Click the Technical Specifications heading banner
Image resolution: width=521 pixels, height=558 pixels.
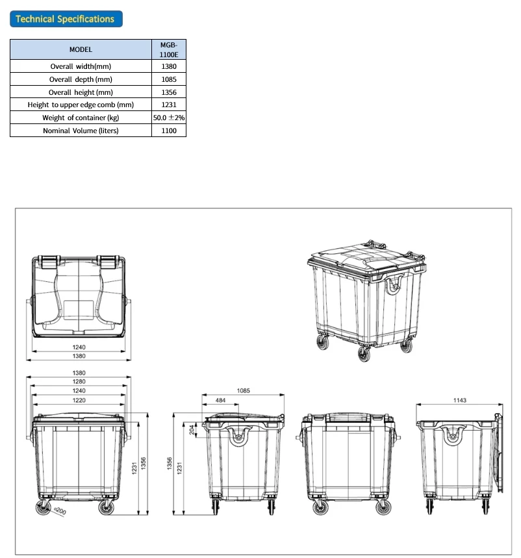click(66, 19)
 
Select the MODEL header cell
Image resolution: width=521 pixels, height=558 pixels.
click(81, 49)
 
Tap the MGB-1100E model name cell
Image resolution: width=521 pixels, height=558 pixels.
click(169, 49)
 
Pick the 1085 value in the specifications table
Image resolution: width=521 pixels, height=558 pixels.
click(169, 79)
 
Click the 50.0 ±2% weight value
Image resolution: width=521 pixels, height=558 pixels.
click(169, 118)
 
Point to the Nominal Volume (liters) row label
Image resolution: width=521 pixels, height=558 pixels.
click(81, 131)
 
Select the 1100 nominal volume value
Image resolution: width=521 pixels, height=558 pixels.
click(169, 131)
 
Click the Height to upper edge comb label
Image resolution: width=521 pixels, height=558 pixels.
click(81, 105)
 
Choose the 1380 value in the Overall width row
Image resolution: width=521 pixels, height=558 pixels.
click(169, 66)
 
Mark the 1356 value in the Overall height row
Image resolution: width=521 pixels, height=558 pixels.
click(169, 92)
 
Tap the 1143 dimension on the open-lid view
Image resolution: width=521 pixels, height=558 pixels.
click(457, 401)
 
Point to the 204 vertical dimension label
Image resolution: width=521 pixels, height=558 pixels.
click(191, 430)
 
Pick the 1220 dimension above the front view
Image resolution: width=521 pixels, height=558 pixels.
click(79, 401)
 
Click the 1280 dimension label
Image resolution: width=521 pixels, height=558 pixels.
click(79, 382)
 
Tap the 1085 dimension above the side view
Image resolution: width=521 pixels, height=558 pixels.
click(243, 391)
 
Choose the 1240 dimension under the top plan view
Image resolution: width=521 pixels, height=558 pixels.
click(79, 347)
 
